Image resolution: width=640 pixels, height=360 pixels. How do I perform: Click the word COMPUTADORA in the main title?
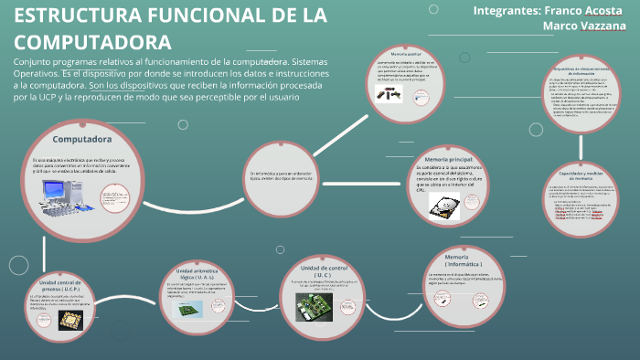click(x=93, y=42)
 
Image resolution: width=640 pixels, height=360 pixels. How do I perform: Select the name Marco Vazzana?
click(x=583, y=26)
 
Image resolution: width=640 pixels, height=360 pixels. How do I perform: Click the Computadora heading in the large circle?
click(x=81, y=140)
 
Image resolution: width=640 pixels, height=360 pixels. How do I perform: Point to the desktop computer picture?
click(x=65, y=193)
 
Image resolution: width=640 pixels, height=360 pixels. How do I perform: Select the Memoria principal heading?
click(x=449, y=160)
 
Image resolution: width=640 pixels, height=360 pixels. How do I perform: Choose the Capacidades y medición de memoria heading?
click(x=583, y=175)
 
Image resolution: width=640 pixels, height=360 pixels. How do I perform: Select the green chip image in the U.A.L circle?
click(x=194, y=311)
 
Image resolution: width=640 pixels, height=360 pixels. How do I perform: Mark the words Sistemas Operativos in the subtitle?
click(x=304, y=60)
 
